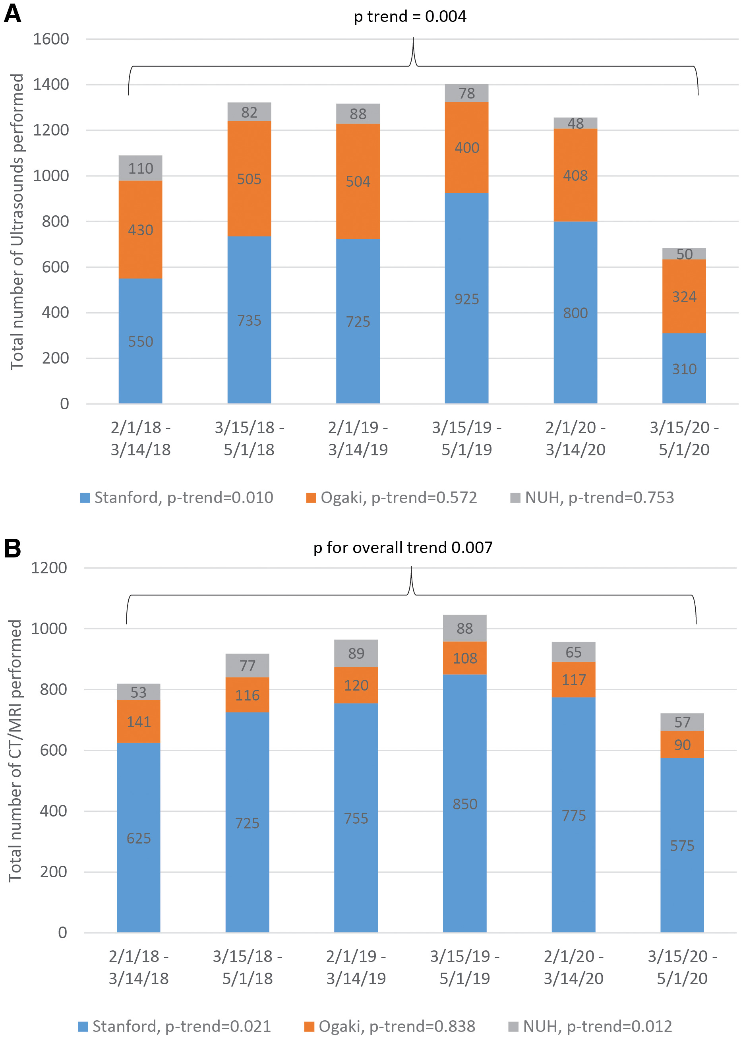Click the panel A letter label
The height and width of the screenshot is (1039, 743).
[x=12, y=14]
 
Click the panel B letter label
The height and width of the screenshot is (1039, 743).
[x=12, y=548]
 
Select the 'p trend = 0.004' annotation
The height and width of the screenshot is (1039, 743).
[x=410, y=16]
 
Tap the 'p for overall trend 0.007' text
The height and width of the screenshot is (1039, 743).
[x=402, y=547]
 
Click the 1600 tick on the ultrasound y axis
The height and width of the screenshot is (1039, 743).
[x=51, y=39]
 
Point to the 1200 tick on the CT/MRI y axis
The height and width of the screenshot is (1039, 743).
[x=49, y=568]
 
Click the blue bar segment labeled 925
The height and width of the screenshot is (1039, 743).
[x=467, y=298]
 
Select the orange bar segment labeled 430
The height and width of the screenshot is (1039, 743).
[x=141, y=230]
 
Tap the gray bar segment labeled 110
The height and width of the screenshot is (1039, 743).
[x=141, y=168]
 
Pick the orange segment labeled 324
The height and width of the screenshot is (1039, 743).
[x=684, y=296]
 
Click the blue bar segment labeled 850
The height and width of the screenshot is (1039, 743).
[x=465, y=803]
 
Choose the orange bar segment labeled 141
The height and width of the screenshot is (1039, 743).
[x=139, y=722]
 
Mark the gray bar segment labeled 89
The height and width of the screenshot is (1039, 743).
[x=356, y=653]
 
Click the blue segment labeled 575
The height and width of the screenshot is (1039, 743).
[x=682, y=845]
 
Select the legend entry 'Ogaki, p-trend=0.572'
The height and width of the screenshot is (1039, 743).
[x=392, y=497]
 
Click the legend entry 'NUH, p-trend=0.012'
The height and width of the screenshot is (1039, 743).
[x=590, y=1026]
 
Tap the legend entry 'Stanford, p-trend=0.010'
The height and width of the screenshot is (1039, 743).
[x=176, y=497]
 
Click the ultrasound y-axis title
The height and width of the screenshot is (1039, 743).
[x=17, y=221]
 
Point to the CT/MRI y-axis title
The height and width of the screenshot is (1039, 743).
[x=15, y=750]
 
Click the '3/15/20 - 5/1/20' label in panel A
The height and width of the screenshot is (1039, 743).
[x=684, y=438]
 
